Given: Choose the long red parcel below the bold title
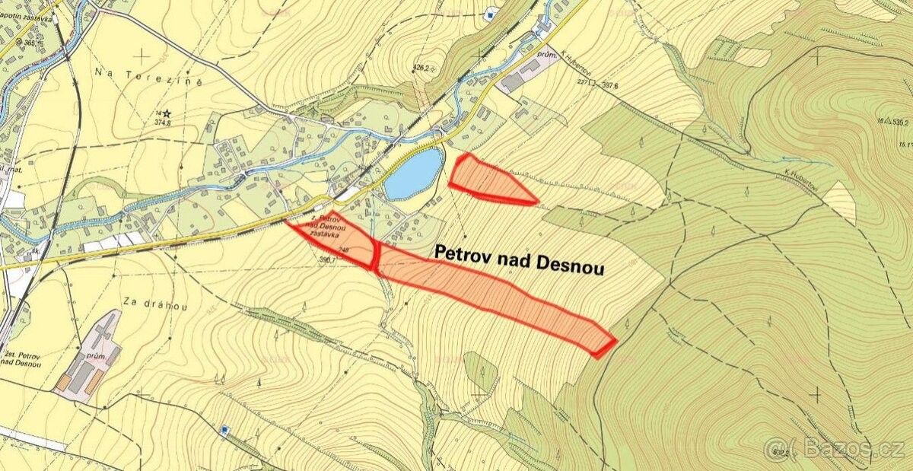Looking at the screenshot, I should point(495,293).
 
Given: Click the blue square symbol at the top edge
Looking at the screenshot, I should point(491,12).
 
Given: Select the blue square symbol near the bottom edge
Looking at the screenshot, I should point(224,431).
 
